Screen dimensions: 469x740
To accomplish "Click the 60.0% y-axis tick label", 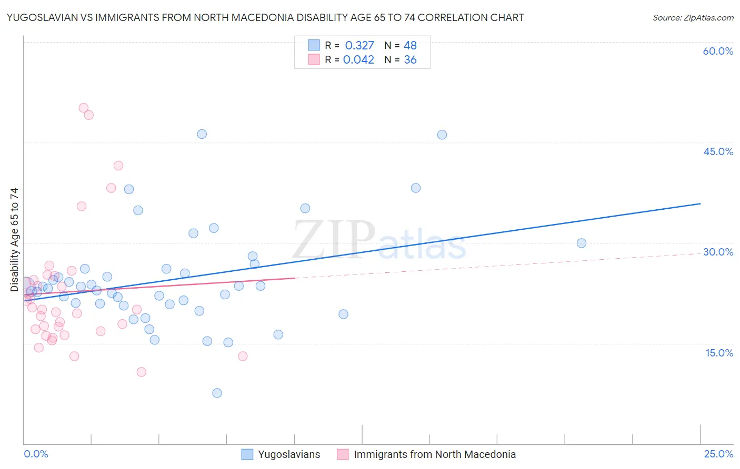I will coord(718,51).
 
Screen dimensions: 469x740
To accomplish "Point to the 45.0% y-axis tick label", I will coord(718,151).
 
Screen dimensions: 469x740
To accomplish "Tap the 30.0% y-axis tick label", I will coord(718,252).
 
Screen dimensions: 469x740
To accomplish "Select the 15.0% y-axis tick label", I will coord(719,353).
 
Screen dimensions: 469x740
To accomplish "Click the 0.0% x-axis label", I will coord(36,454).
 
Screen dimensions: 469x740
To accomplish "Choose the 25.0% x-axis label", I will coord(718,454).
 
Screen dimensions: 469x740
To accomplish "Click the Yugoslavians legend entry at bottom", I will coord(288,454).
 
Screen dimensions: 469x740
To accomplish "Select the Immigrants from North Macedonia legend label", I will coord(434,454).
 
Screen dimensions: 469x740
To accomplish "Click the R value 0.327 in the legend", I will coord(359,46).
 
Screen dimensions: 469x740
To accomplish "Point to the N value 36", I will coord(410,60).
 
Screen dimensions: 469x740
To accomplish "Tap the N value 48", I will coord(410,46).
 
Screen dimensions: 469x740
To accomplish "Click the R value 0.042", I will coord(358,60).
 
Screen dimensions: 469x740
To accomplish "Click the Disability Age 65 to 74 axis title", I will coord(14,239).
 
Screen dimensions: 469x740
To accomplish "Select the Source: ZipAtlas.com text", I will coord(693,18).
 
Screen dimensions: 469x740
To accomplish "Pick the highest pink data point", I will coord(83,108).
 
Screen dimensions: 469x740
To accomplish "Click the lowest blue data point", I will coord(217,393).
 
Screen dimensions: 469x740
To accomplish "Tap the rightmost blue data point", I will coord(582,243).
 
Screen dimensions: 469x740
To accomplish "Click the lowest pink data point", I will coord(141,372).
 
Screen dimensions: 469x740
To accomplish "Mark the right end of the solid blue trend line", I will coord(701,203).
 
